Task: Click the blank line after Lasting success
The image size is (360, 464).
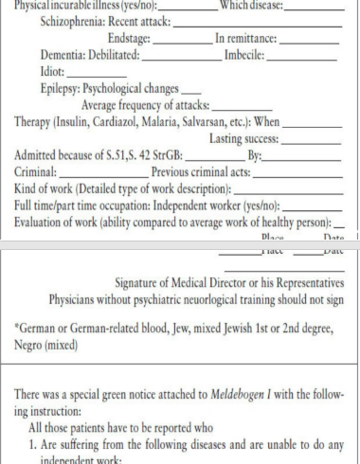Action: point(308,140)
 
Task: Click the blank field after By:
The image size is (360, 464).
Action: point(303,156)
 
